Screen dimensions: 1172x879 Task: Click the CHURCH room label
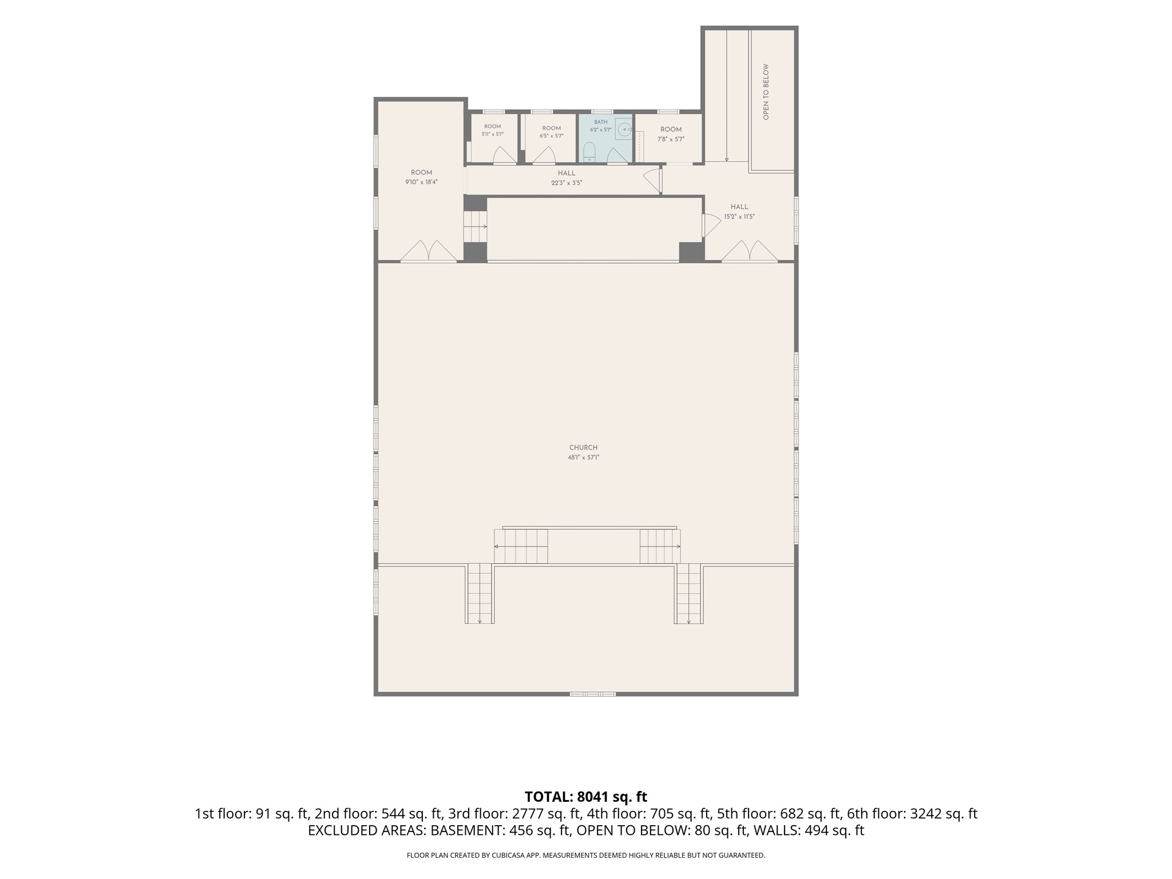(x=583, y=448)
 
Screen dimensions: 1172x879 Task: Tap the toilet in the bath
(x=589, y=152)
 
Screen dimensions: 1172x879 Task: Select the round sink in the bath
(x=624, y=130)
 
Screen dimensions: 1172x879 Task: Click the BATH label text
(x=601, y=122)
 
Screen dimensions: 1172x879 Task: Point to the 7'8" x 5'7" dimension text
(x=671, y=139)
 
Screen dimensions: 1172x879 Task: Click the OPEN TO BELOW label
(x=766, y=92)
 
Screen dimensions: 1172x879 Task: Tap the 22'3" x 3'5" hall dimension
(x=567, y=183)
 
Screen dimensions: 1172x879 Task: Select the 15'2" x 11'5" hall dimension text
(x=739, y=217)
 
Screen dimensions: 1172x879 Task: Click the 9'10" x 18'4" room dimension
(x=422, y=182)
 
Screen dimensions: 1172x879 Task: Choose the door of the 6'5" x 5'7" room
(x=544, y=155)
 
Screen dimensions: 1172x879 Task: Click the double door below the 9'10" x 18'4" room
(x=429, y=251)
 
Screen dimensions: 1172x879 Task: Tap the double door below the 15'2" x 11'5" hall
(x=750, y=251)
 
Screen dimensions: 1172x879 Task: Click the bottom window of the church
(x=592, y=694)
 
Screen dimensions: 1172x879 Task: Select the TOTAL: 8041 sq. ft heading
(x=586, y=797)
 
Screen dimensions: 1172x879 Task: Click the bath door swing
(x=617, y=155)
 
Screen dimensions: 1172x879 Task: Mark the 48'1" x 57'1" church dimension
(x=583, y=457)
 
